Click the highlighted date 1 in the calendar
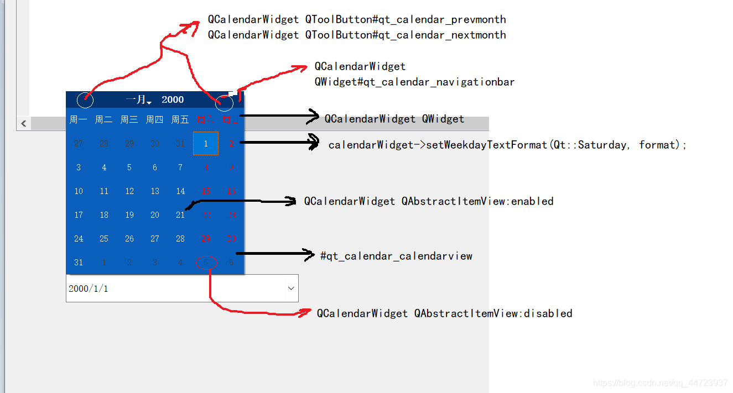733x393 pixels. (x=206, y=144)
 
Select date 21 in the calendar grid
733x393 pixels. (x=180, y=215)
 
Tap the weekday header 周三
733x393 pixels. (x=129, y=119)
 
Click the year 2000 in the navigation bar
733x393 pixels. (x=173, y=99)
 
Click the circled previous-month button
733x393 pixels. (x=85, y=100)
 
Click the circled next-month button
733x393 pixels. (x=224, y=102)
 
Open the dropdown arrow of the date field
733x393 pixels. (x=291, y=289)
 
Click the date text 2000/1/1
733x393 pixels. (x=89, y=289)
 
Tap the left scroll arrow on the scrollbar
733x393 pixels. (x=23, y=123)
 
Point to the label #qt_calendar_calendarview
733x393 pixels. (x=396, y=256)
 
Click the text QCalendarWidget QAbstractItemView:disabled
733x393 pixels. (x=444, y=313)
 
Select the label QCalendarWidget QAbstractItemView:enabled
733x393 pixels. (x=429, y=201)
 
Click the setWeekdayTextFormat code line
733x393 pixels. (x=507, y=145)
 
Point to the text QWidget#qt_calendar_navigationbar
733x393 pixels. (x=414, y=82)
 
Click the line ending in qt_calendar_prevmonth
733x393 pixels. (x=357, y=19)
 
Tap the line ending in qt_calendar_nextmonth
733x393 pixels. (x=357, y=35)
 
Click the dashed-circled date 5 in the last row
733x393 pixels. (x=206, y=263)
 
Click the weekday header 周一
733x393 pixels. (x=78, y=119)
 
